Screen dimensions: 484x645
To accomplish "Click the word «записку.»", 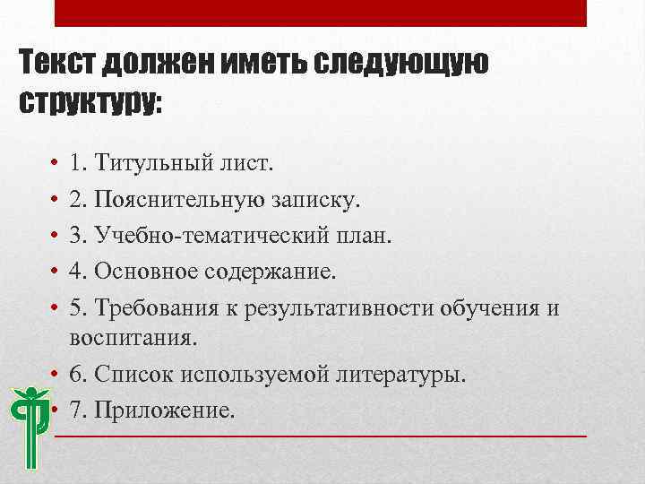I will (x=311, y=197).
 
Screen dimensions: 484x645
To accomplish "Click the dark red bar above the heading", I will (x=321, y=13).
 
